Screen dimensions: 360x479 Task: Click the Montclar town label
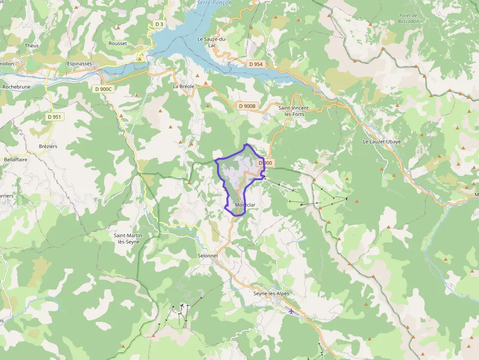coord(245,205)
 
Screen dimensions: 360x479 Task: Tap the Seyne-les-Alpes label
coord(271,294)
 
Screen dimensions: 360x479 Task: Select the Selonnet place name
coord(208,255)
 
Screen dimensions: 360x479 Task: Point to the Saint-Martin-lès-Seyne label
coord(127,238)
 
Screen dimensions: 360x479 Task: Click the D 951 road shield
coord(54,117)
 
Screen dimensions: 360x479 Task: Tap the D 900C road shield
coord(103,89)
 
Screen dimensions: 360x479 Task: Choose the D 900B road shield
coord(247,106)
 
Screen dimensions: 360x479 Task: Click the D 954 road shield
coord(255,64)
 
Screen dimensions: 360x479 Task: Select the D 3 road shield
coord(158,24)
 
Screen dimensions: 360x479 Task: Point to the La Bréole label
coord(183,86)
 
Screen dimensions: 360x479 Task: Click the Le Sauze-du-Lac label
coord(212,42)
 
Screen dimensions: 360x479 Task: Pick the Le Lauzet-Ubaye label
coord(381,142)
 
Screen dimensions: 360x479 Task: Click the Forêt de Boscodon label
coord(408,19)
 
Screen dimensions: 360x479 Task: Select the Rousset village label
coord(118,43)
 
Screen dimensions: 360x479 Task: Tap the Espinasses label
coord(79,64)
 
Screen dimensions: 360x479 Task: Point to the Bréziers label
coord(48,146)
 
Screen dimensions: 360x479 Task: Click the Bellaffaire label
coord(15,159)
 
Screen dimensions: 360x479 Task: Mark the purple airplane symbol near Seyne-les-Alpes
coord(291,311)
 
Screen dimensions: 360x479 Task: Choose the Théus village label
coord(32,45)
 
